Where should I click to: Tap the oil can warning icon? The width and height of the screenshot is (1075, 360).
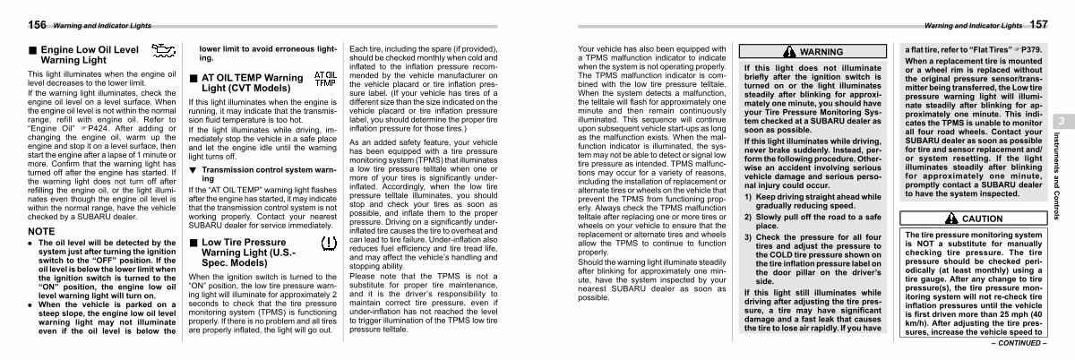click(x=164, y=53)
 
